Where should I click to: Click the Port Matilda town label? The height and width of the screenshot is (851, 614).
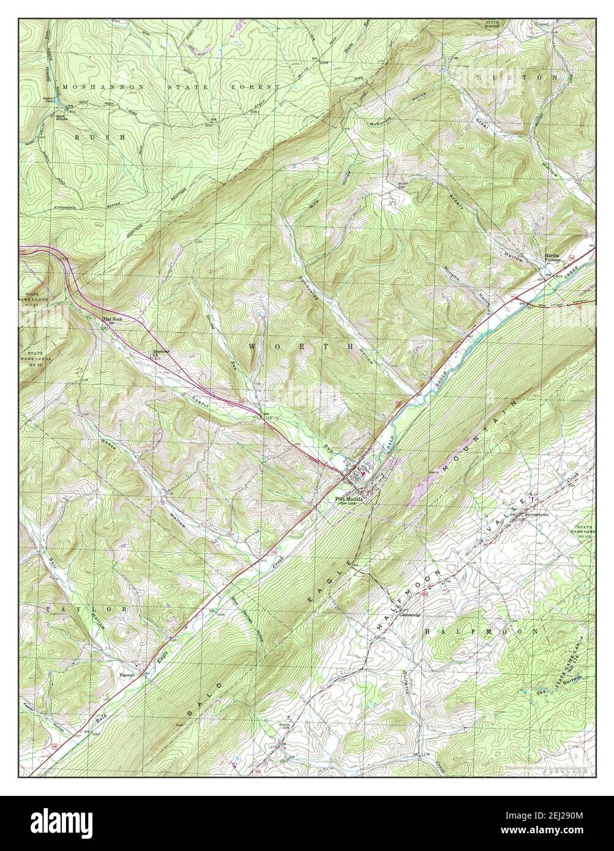(x=350, y=499)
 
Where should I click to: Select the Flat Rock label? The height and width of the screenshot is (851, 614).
(x=113, y=319)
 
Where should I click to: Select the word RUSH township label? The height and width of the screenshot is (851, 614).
(x=99, y=138)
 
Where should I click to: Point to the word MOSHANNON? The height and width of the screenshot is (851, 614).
(x=100, y=88)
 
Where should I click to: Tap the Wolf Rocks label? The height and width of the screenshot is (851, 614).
(x=62, y=118)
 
